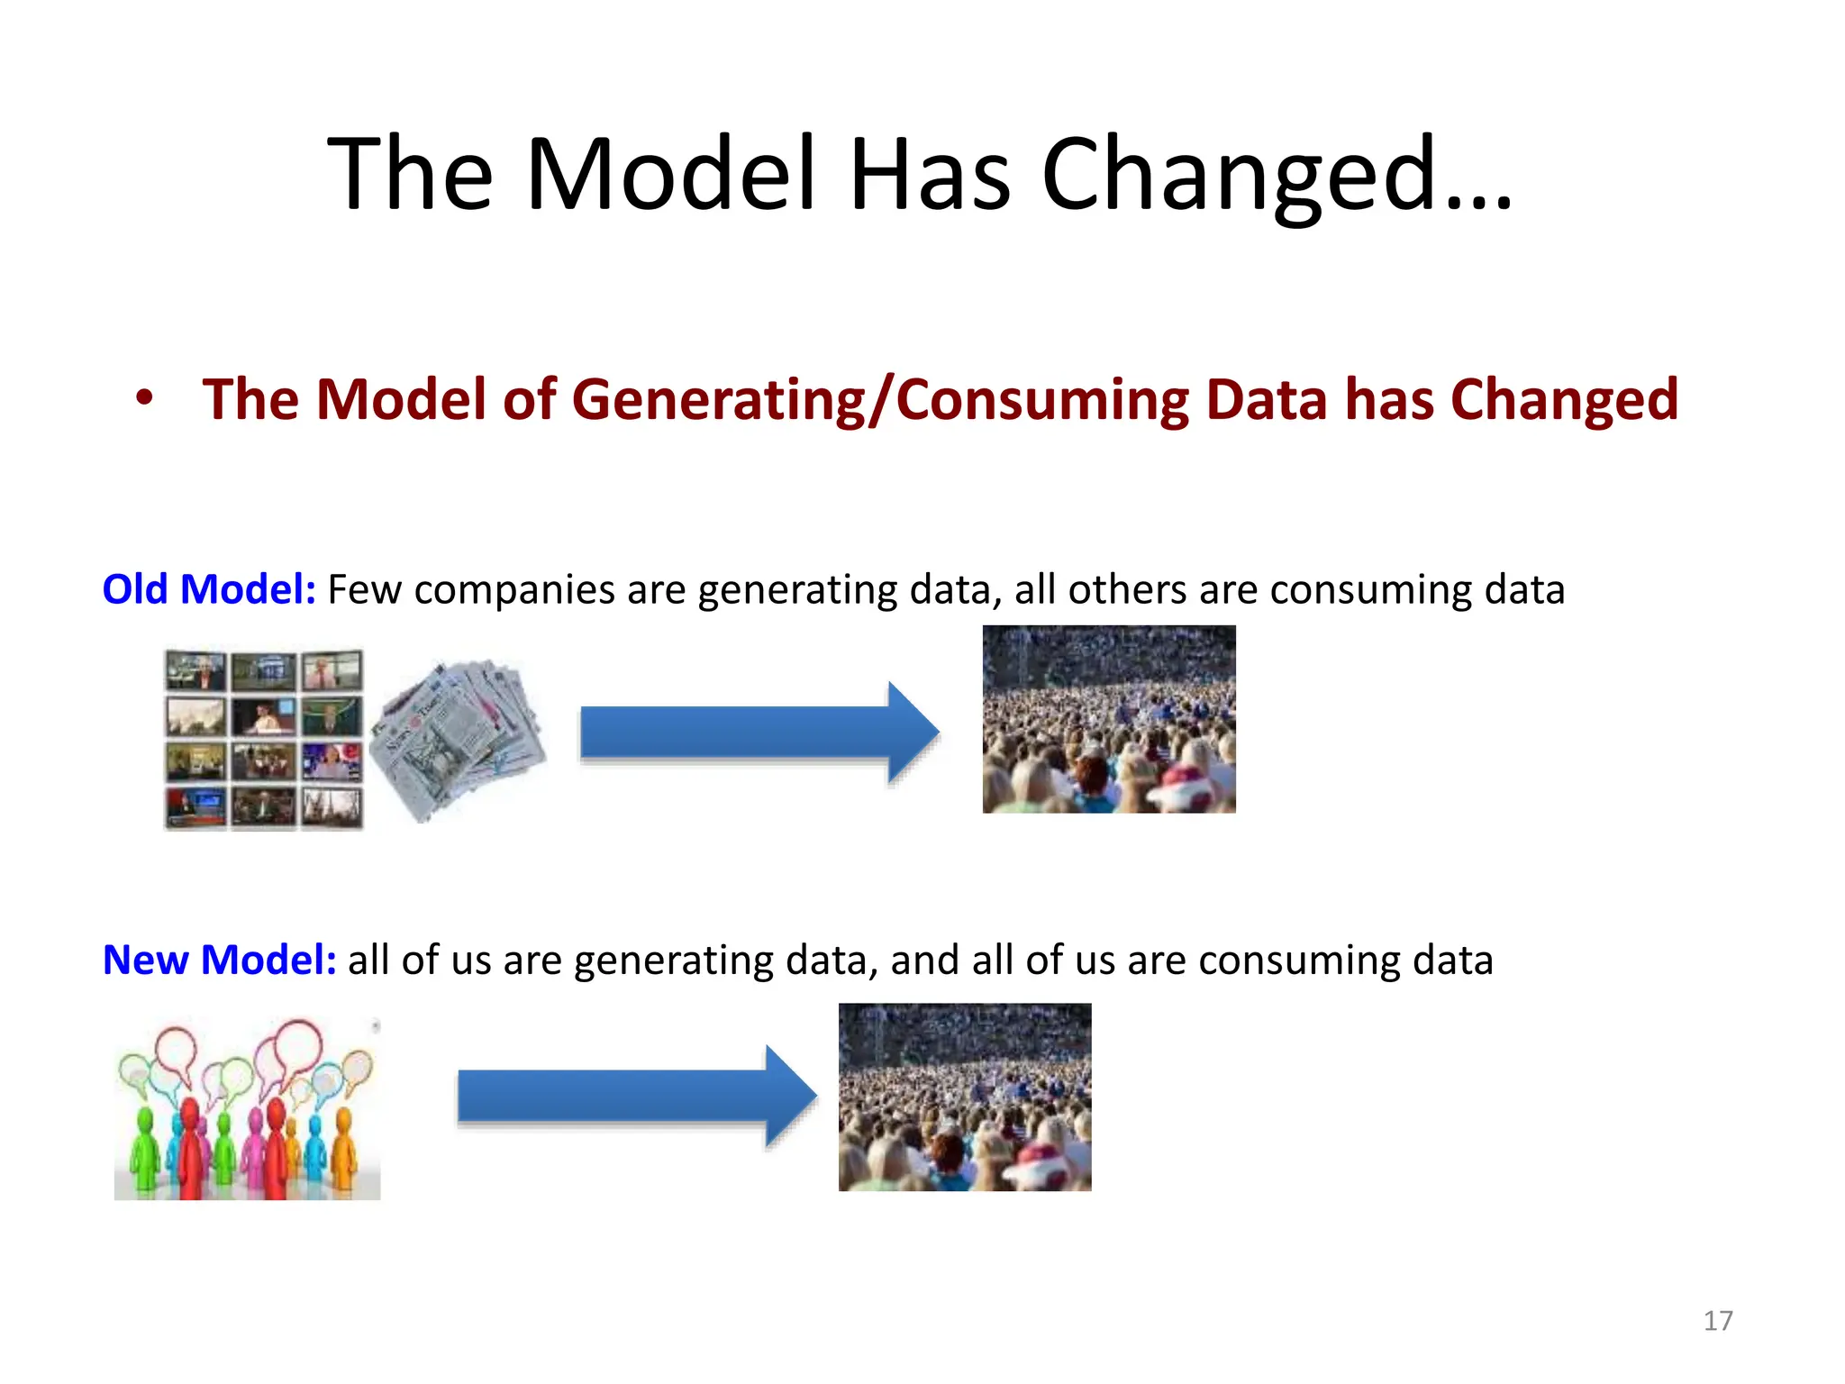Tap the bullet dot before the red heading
pyautogui.click(x=144, y=397)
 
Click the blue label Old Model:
pyautogui.click(x=209, y=589)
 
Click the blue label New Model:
pyautogui.click(x=219, y=960)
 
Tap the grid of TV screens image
pyautogui.click(x=264, y=739)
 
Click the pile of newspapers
pyautogui.click(x=458, y=739)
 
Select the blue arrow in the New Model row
pyautogui.click(x=635, y=1096)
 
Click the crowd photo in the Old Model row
pyautogui.click(x=1108, y=719)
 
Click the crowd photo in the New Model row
pyautogui.click(x=964, y=1097)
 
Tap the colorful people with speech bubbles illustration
pyautogui.click(x=247, y=1108)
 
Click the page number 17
pyautogui.click(x=1718, y=1321)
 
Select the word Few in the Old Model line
pyautogui.click(x=364, y=590)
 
